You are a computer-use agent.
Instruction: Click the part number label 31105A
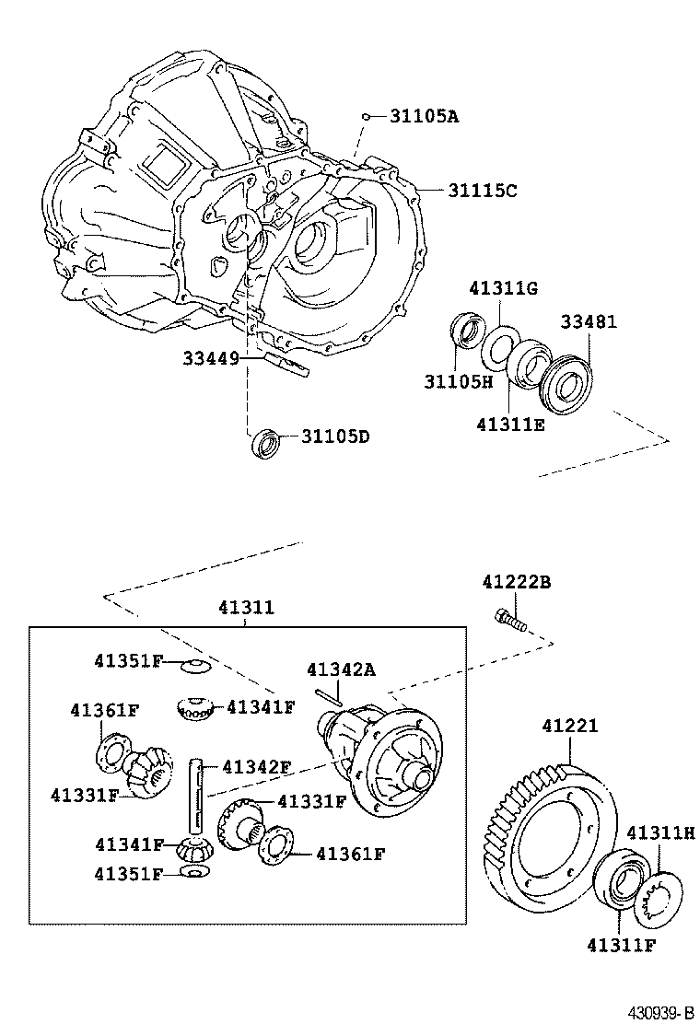(423, 116)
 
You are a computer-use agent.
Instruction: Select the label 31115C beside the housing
(483, 191)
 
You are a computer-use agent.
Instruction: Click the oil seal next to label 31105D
(266, 443)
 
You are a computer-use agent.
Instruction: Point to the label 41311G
(503, 288)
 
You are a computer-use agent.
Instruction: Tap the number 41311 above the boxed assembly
(246, 608)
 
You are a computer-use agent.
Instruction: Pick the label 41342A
(341, 669)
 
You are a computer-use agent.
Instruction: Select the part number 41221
(569, 726)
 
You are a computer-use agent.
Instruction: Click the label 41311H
(660, 832)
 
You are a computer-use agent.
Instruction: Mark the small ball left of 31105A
(366, 117)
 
